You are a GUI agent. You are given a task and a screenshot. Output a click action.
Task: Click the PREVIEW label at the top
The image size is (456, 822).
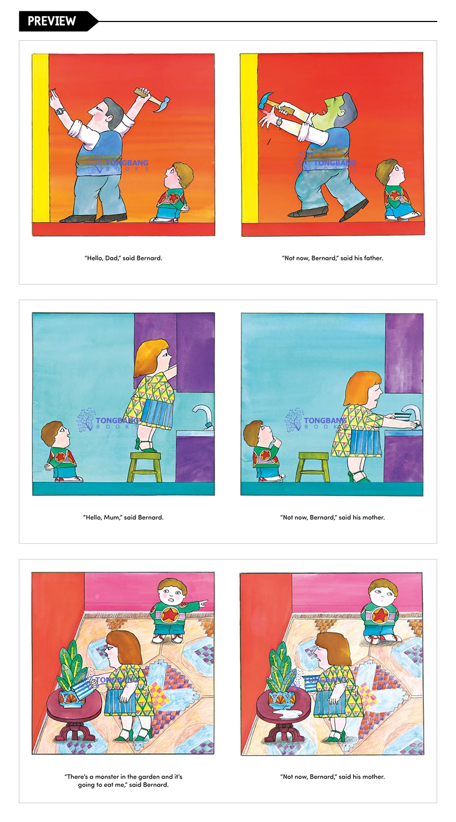pos(52,21)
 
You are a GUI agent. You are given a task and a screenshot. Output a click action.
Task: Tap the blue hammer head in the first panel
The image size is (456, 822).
pos(162,105)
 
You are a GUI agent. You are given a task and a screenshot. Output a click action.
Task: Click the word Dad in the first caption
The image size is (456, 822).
pos(112,258)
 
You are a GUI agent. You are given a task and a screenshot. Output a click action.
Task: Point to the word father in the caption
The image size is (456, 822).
pos(373,258)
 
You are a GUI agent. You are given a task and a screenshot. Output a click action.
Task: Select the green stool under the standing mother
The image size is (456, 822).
pos(144,467)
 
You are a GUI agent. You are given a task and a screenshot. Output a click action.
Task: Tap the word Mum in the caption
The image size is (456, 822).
pos(112,518)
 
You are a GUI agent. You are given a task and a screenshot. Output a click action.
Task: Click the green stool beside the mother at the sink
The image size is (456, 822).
pos(313,467)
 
